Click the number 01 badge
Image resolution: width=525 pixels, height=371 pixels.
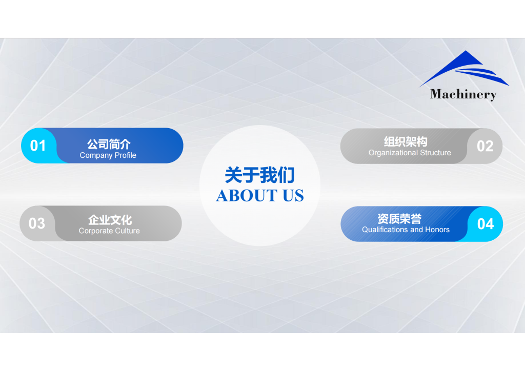click(x=38, y=146)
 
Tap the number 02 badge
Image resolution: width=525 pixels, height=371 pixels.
click(x=485, y=146)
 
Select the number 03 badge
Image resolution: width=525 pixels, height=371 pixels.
click(x=37, y=223)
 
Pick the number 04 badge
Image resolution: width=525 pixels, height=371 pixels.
click(x=485, y=224)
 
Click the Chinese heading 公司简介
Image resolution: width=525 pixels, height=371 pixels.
click(x=109, y=145)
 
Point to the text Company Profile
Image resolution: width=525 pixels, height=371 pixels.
click(x=108, y=155)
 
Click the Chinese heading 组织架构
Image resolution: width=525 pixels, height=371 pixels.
click(x=406, y=142)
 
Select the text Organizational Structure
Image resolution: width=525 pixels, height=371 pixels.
click(x=410, y=153)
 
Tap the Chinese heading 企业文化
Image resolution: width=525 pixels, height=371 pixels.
click(x=110, y=220)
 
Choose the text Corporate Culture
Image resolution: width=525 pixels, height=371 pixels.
click(x=109, y=231)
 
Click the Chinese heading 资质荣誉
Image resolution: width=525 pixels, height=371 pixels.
click(x=399, y=219)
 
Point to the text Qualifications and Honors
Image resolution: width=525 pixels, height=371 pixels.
click(x=406, y=230)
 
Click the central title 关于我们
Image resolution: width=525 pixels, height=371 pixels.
click(x=259, y=175)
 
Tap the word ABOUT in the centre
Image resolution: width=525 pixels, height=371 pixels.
click(x=240, y=196)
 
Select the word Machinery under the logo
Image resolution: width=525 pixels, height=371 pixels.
click(x=463, y=94)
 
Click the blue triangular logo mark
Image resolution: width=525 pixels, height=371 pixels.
click(x=463, y=69)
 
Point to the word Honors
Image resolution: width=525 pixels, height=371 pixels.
click(x=437, y=230)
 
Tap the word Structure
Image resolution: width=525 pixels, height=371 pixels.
click(x=435, y=153)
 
